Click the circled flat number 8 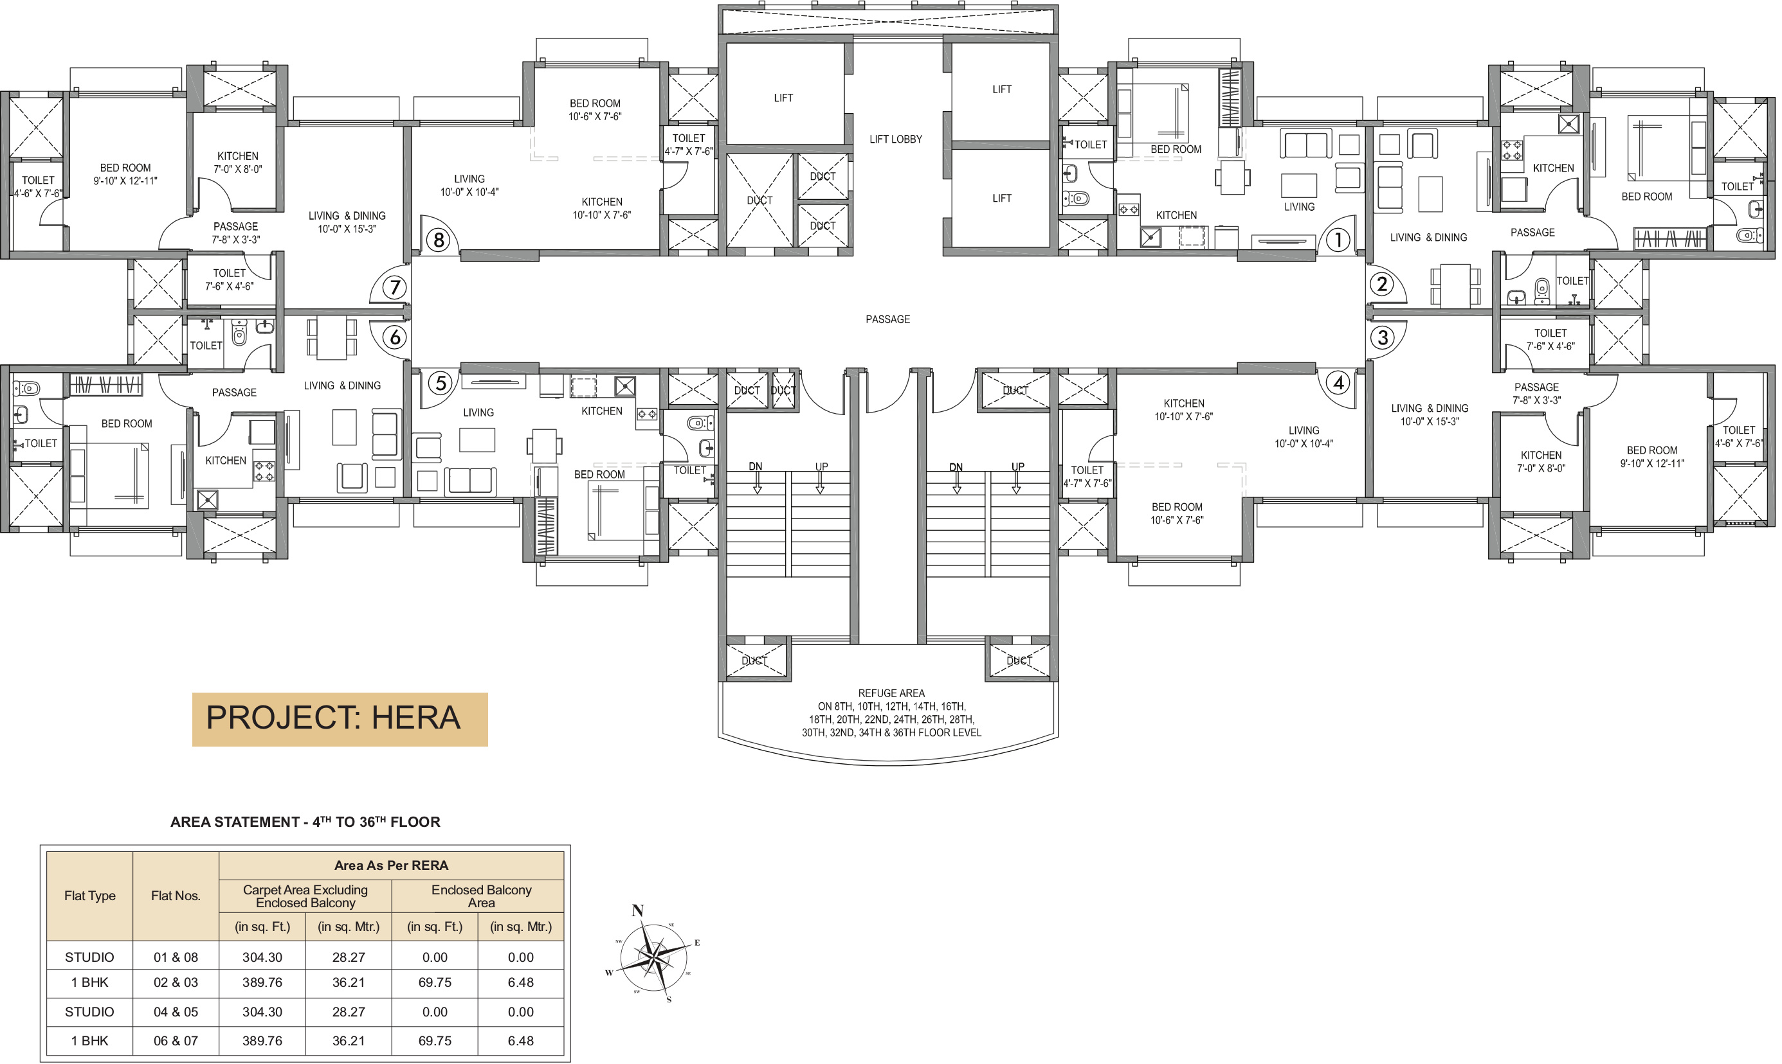439,240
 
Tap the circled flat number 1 1337,240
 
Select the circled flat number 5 441,383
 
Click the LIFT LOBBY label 895,139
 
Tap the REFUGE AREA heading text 891,693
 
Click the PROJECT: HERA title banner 340,719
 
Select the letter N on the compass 637,910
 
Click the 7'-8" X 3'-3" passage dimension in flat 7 235,240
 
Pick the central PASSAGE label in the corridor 887,319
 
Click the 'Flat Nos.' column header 176,896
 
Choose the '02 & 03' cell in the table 176,982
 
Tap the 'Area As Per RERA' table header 391,865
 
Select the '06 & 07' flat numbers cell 176,1040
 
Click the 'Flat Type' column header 89,896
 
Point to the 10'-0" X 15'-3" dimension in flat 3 1429,421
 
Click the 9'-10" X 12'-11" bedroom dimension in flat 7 125,181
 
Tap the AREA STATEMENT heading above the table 305,822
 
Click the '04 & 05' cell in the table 176,1012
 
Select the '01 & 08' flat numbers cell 176,957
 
